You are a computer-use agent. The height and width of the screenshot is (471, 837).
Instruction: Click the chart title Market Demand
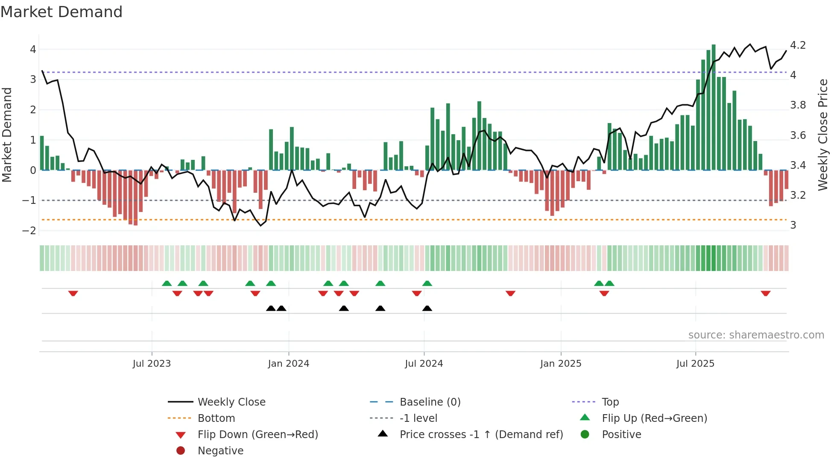click(61, 12)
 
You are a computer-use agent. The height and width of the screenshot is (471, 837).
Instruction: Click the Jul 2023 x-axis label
click(152, 364)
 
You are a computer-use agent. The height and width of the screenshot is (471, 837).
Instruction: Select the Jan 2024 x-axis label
click(288, 364)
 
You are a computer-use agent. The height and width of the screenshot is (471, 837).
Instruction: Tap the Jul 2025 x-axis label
click(695, 364)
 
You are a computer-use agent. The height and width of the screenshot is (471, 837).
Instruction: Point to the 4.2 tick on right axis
click(798, 45)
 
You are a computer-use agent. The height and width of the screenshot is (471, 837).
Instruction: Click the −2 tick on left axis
click(29, 231)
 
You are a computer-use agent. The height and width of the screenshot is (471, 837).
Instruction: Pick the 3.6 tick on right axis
click(798, 135)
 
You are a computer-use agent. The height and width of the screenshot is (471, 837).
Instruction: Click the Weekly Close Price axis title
click(822, 135)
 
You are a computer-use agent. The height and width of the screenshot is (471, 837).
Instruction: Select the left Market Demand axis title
click(7, 135)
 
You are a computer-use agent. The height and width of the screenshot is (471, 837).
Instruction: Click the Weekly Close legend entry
click(231, 402)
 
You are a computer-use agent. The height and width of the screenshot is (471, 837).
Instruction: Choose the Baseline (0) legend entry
click(430, 402)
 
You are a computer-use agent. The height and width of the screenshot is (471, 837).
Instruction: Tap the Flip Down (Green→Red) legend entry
click(258, 435)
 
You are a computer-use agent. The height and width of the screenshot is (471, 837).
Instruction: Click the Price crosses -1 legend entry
click(481, 435)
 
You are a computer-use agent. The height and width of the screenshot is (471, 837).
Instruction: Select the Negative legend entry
click(220, 451)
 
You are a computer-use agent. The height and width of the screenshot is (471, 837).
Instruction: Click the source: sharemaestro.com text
click(756, 335)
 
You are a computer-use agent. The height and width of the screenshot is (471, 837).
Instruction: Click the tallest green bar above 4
click(714, 107)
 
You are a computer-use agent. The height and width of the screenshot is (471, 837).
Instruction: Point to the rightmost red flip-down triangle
click(765, 293)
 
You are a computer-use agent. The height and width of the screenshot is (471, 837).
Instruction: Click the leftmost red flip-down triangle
click(73, 293)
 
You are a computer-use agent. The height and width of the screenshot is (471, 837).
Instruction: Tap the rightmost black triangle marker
click(427, 308)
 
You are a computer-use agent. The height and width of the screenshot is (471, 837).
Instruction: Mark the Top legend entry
click(610, 402)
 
